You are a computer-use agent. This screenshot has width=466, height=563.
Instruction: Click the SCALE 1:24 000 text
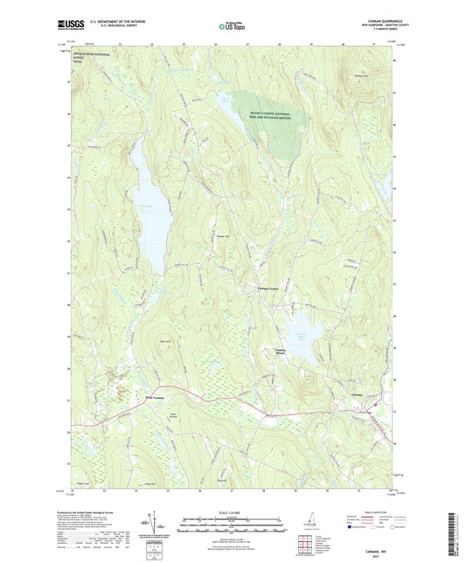point(232,512)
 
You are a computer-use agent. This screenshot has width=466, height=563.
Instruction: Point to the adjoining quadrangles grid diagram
point(304,548)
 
